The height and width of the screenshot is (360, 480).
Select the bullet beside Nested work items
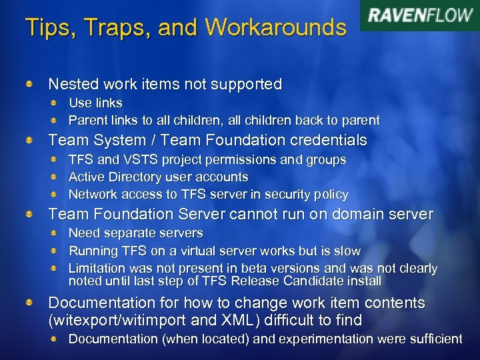tap(30, 85)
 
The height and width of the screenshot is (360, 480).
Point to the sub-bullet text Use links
tap(95, 103)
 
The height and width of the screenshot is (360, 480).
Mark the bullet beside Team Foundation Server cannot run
tap(30, 215)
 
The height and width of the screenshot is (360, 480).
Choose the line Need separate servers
tap(136, 233)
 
